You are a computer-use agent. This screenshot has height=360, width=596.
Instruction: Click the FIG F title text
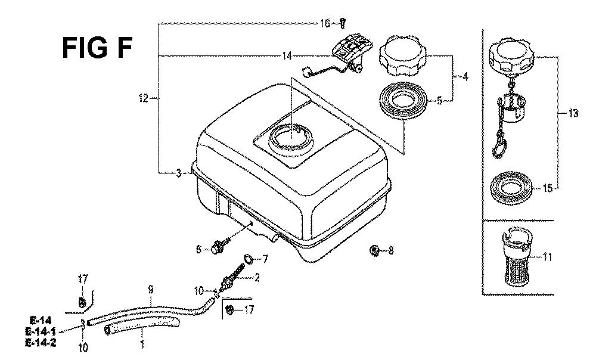[97, 48]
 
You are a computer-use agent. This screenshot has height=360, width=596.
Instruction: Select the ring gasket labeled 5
[403, 101]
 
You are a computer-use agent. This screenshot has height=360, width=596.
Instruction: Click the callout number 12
[143, 98]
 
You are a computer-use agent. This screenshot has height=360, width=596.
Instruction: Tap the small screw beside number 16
[343, 24]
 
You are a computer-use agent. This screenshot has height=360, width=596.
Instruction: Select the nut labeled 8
[374, 250]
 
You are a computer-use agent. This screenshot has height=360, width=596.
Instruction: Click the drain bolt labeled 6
[219, 247]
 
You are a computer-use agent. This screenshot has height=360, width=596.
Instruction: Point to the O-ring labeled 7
[248, 259]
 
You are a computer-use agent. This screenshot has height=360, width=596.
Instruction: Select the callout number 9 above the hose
[151, 290]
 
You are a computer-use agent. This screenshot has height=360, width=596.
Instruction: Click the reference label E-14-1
[41, 331]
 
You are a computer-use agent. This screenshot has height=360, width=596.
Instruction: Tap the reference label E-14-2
[41, 343]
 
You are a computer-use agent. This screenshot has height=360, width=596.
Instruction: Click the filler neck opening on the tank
[291, 137]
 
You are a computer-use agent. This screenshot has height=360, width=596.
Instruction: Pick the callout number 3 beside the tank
[179, 173]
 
